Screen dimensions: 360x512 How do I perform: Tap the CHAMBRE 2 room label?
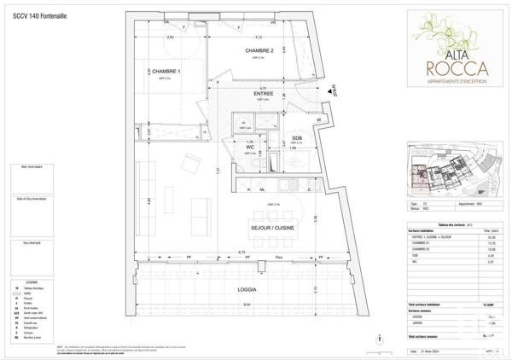(259, 51)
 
